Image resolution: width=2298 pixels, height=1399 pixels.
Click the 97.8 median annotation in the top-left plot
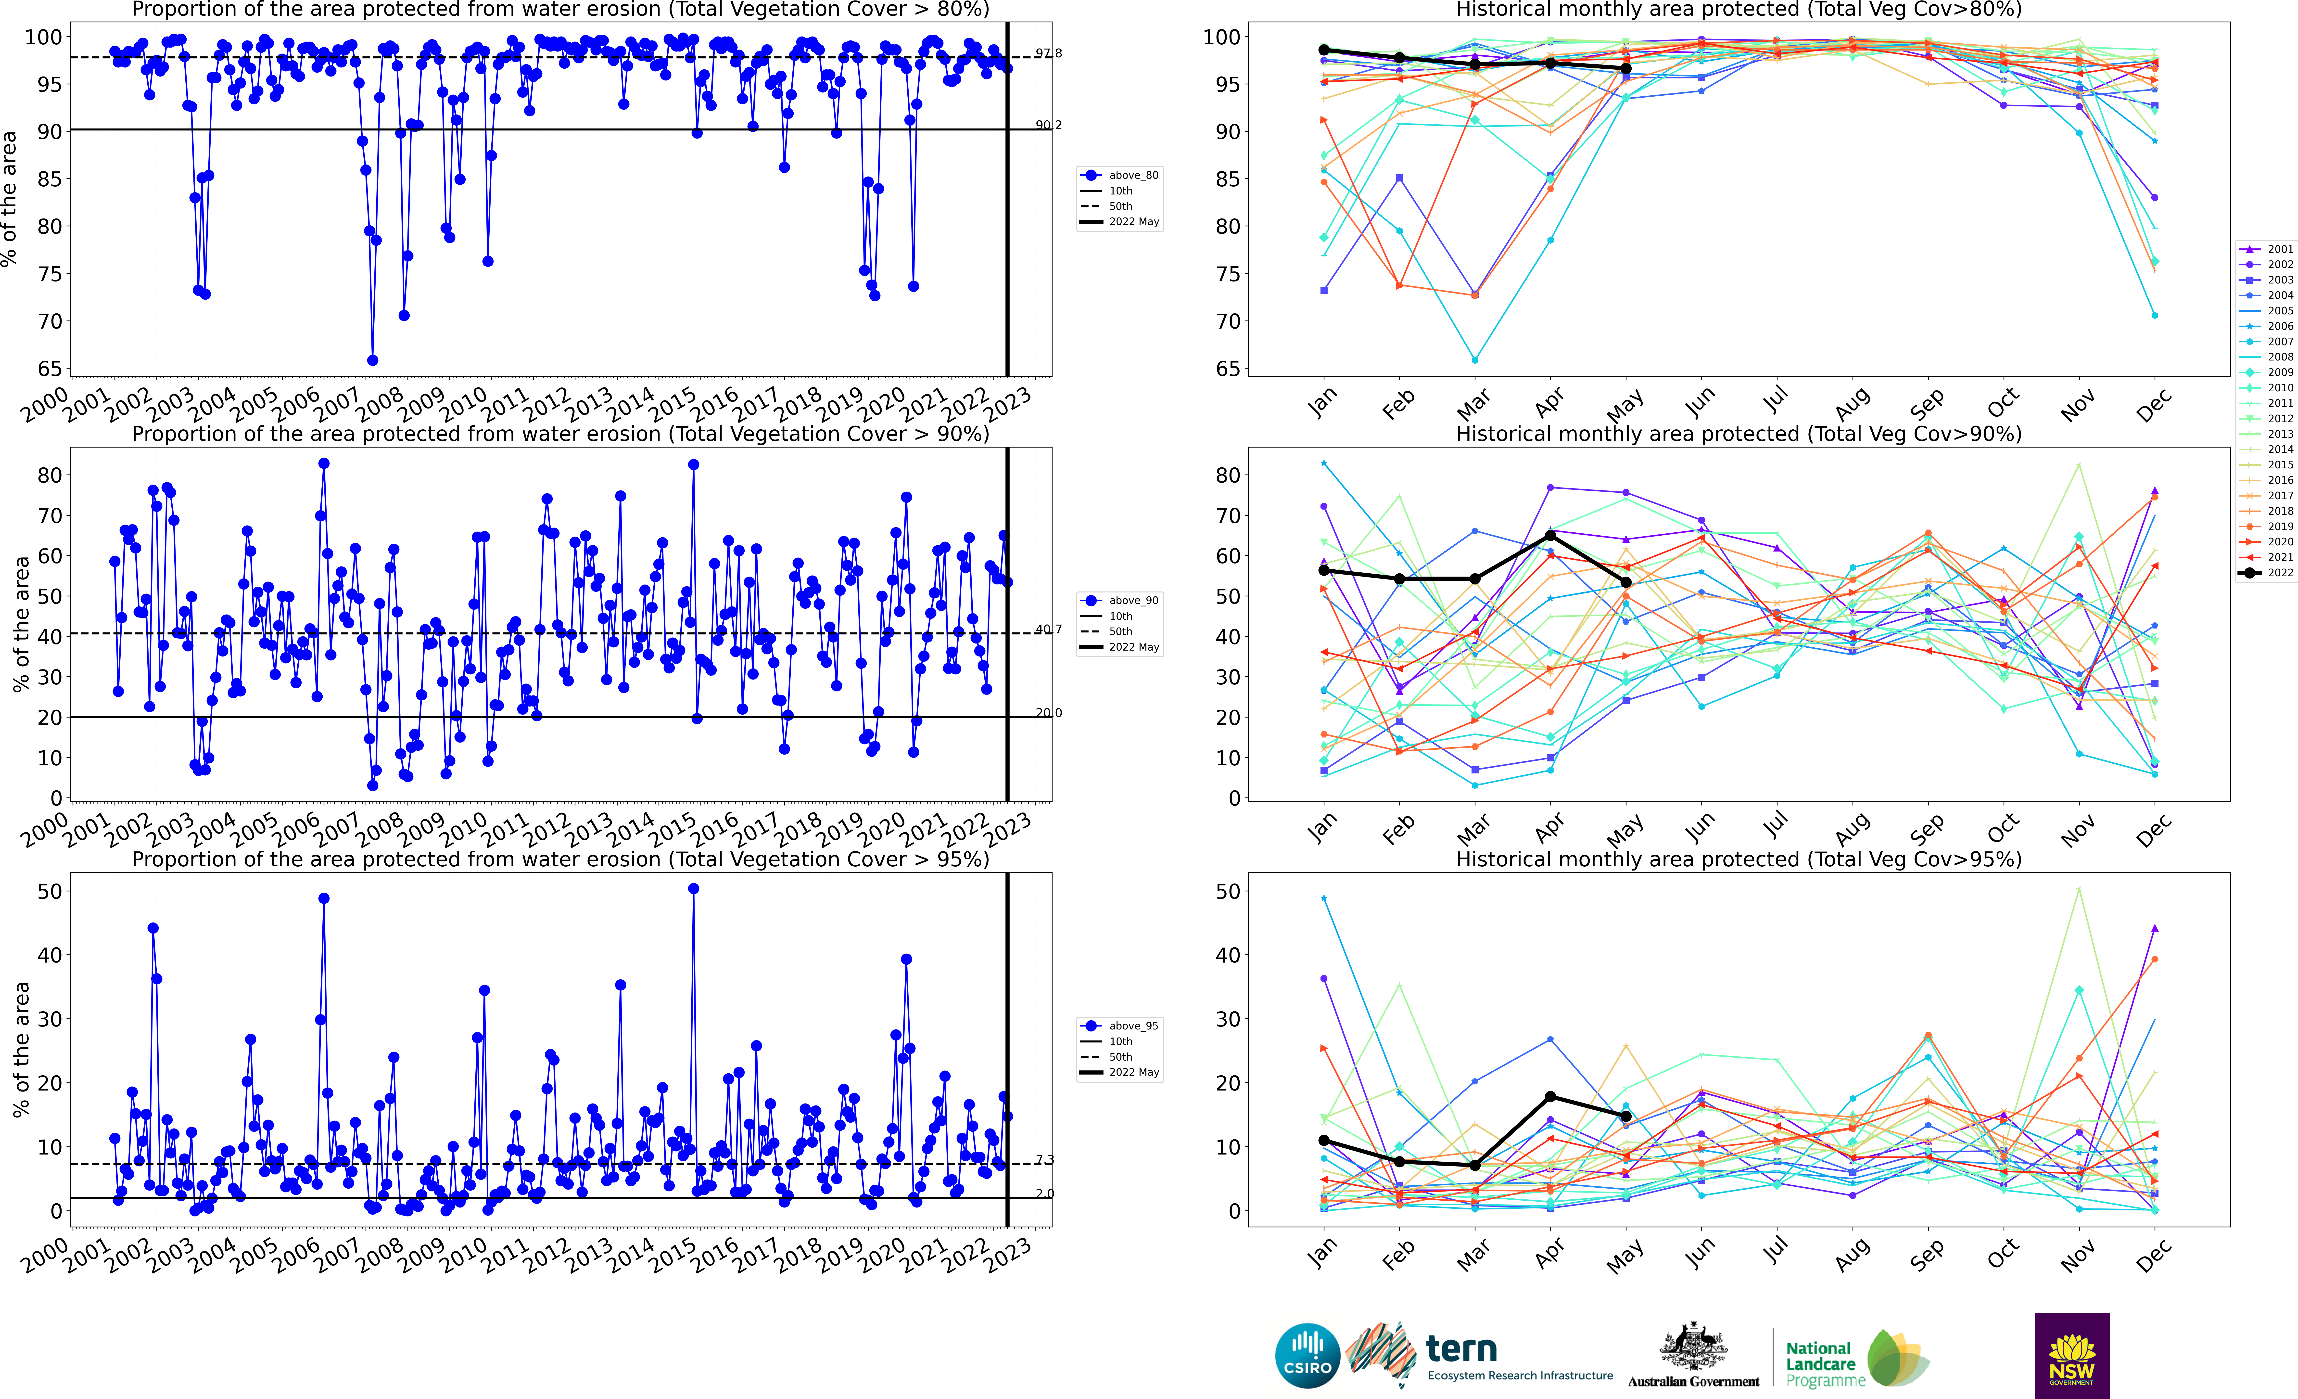(x=1048, y=53)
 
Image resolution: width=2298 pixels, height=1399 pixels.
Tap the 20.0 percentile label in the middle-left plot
(x=1048, y=713)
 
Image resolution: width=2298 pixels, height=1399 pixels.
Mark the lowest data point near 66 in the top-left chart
(x=372, y=360)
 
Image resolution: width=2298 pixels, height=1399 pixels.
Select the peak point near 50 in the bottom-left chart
(x=693, y=889)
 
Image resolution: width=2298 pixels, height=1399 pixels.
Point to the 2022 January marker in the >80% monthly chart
(x=1323, y=50)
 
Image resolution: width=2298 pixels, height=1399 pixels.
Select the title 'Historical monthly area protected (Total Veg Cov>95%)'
(x=1739, y=859)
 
